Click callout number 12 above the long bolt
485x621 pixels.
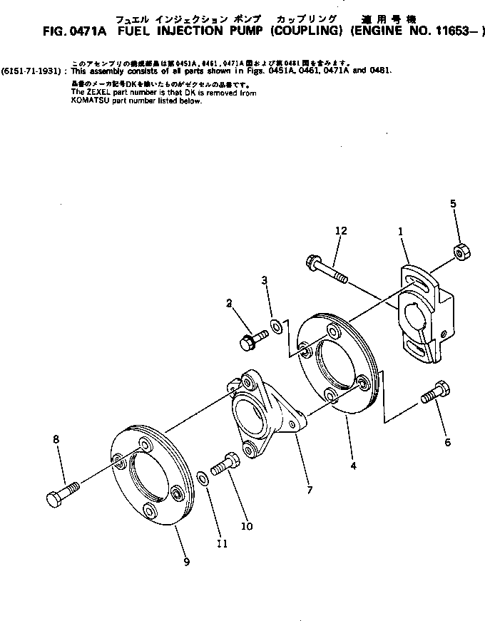(x=342, y=230)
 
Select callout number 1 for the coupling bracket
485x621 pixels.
(x=400, y=232)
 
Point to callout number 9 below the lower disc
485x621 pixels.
(x=186, y=562)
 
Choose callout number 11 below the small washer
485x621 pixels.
(x=222, y=544)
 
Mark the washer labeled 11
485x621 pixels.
(x=203, y=476)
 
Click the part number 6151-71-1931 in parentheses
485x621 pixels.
(x=34, y=71)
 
